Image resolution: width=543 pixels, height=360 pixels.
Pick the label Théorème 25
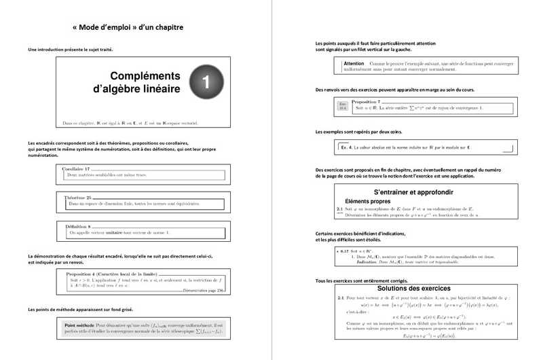tap(77, 197)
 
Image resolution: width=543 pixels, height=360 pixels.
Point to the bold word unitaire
tap(113, 232)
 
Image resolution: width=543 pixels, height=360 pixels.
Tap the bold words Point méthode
tap(79, 325)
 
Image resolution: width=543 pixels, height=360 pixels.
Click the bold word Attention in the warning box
tap(354, 62)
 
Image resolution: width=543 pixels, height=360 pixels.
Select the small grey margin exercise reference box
tap(342, 105)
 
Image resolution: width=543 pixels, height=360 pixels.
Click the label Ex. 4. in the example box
tap(346, 147)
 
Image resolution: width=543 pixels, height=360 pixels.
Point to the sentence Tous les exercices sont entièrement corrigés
tap(372, 281)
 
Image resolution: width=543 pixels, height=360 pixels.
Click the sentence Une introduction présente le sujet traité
tap(70, 50)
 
